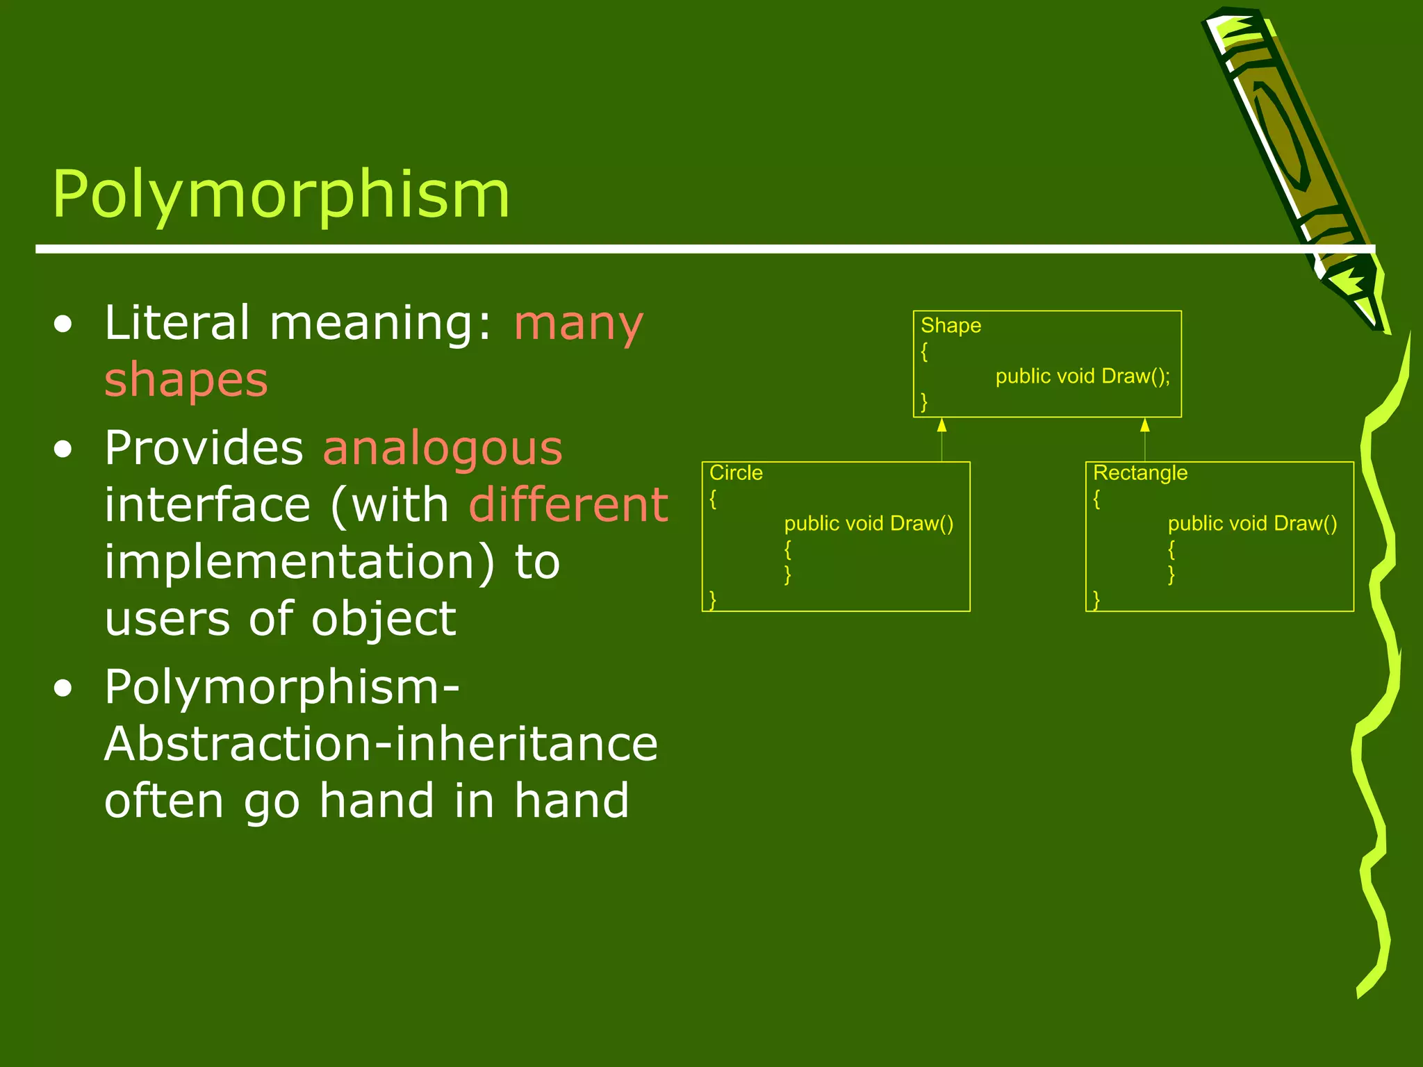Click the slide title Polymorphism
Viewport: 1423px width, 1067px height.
(x=281, y=195)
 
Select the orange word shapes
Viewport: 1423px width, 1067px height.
(x=186, y=380)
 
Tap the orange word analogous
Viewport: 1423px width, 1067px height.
(x=443, y=448)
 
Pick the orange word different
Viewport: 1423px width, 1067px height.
(x=568, y=505)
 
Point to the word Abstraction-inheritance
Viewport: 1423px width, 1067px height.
(x=381, y=744)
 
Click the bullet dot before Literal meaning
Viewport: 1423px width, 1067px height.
(x=63, y=325)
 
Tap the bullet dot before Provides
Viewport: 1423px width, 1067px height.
(x=63, y=450)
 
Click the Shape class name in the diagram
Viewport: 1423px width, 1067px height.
(x=951, y=325)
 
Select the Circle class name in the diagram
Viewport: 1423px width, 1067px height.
(x=736, y=473)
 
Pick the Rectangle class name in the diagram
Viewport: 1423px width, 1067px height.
(x=1140, y=473)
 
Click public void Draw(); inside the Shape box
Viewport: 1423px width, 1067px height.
(x=1083, y=377)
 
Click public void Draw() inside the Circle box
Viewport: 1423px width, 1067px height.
(x=869, y=524)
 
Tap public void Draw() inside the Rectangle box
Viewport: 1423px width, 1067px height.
(x=1252, y=524)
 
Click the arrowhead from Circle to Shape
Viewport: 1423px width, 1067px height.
(x=941, y=425)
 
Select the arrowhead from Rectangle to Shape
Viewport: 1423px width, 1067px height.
(x=1144, y=425)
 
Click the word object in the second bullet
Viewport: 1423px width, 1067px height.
(x=384, y=619)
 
